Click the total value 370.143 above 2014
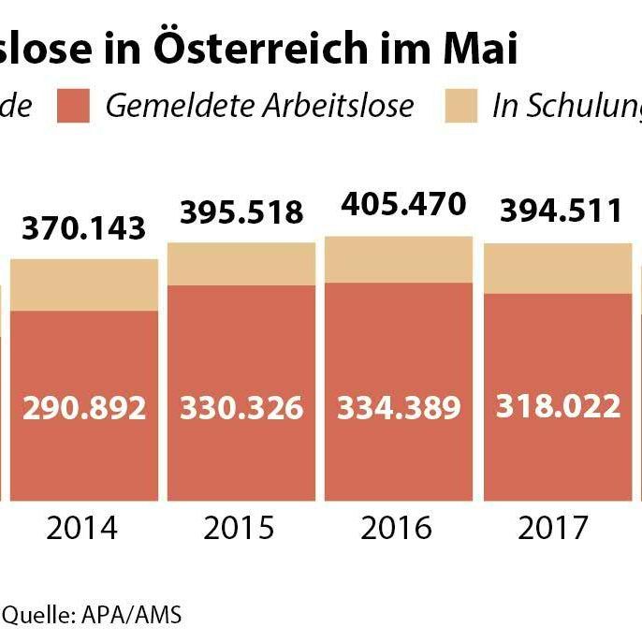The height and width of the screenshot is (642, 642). click(x=84, y=227)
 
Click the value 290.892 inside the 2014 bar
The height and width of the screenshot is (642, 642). click(x=84, y=408)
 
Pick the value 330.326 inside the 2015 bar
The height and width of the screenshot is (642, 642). click(x=242, y=408)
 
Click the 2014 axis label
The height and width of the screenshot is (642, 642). click(x=82, y=528)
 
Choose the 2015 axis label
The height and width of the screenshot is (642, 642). click(x=241, y=528)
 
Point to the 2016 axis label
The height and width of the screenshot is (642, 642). click(x=399, y=528)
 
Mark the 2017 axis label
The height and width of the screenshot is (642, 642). click(x=553, y=528)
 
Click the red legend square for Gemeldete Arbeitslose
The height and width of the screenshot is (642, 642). click(x=73, y=106)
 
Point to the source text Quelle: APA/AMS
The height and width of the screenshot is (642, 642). click(x=91, y=615)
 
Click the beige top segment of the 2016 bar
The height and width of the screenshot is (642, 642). click(x=399, y=259)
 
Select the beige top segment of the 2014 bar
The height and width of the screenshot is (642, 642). click(x=84, y=285)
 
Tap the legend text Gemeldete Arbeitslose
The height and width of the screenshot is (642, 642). click(x=259, y=106)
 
